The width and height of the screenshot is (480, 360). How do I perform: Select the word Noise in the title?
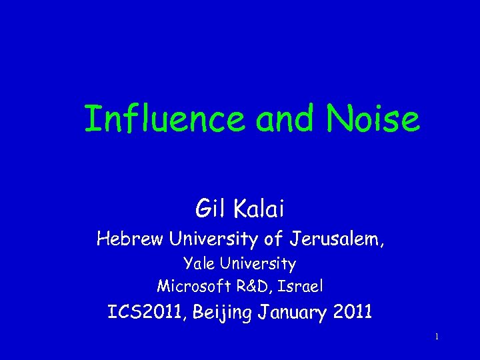point(373,120)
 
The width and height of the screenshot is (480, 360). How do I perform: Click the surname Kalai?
point(258,209)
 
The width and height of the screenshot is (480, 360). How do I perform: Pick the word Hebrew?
point(130,239)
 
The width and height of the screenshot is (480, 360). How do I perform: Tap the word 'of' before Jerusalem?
point(279,239)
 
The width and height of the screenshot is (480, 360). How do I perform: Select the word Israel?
point(302,287)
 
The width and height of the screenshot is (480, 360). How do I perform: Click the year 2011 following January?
point(351,313)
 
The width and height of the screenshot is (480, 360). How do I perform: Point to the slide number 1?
point(436,337)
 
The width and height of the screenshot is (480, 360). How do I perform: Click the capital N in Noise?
point(338,120)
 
